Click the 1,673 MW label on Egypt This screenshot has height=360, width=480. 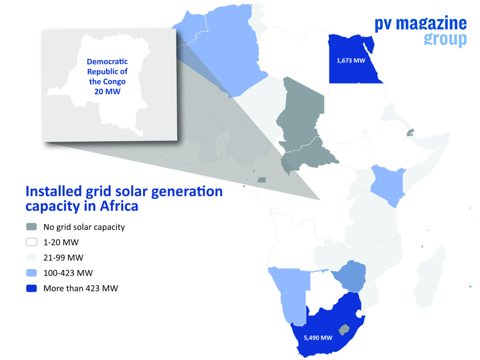click(351, 60)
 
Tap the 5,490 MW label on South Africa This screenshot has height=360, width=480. click(318, 338)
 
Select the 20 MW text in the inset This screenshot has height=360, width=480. click(107, 91)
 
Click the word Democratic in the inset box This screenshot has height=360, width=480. click(107, 62)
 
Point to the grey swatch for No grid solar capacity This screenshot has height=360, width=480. click(31, 227)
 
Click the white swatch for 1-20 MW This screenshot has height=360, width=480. click(31, 242)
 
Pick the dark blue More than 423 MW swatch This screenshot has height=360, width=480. click(31, 288)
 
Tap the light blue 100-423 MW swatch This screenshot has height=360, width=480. click(31, 273)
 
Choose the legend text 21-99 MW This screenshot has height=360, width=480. click(63, 258)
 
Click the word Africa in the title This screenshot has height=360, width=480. click(119, 206)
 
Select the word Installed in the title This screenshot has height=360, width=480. click(54, 191)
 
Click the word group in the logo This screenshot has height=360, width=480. click(445, 39)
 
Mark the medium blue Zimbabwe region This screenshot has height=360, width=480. click(350, 276)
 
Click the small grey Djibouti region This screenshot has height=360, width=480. click(410, 133)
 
